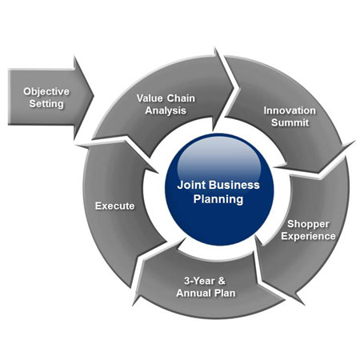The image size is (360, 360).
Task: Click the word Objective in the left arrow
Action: (x=46, y=91)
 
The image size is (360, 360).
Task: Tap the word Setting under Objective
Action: (x=46, y=104)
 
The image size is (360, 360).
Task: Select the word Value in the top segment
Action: (x=150, y=98)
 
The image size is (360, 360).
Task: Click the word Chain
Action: (x=181, y=98)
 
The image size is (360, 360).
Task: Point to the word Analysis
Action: (x=166, y=110)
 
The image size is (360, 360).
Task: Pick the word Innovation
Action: (x=290, y=110)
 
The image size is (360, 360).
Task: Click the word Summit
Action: (x=290, y=122)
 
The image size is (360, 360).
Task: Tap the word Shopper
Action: (x=308, y=224)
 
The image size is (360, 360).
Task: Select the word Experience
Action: (x=308, y=236)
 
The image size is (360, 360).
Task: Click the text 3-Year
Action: (x=199, y=281)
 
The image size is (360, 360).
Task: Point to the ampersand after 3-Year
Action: (x=222, y=281)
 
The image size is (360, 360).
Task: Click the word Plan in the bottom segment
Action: (x=225, y=293)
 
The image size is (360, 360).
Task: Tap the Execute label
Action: (x=115, y=206)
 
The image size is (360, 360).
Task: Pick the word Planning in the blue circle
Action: (x=218, y=199)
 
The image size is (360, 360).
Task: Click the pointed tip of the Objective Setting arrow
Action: (x=94, y=95)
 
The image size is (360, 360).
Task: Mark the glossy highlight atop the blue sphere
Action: (x=218, y=158)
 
